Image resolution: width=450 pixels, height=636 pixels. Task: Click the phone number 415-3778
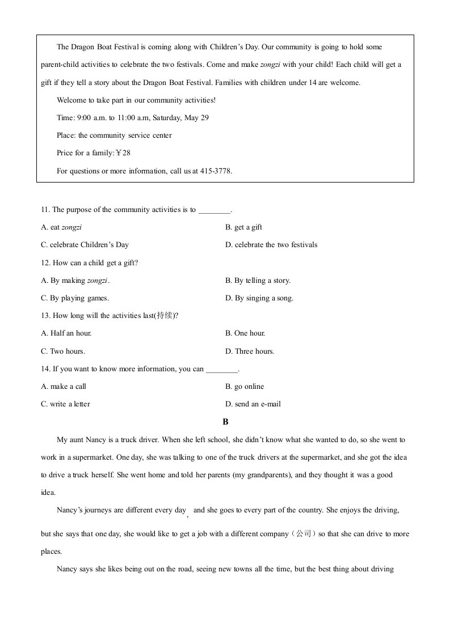point(216,171)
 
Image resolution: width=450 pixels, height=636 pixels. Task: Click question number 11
point(45,210)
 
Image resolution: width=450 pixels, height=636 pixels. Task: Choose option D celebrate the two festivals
point(271,245)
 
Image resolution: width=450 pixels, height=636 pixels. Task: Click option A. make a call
point(64,387)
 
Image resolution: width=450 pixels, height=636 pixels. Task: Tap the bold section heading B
point(225,422)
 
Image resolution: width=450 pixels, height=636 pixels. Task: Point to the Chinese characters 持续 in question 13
point(166,316)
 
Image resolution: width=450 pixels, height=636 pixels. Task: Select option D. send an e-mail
point(253,404)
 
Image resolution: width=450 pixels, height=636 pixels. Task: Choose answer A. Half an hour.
point(66,333)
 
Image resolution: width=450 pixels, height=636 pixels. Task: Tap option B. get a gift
point(243,227)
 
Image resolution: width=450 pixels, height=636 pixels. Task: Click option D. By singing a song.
point(259,298)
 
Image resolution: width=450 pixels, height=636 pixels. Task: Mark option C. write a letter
point(65,404)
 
